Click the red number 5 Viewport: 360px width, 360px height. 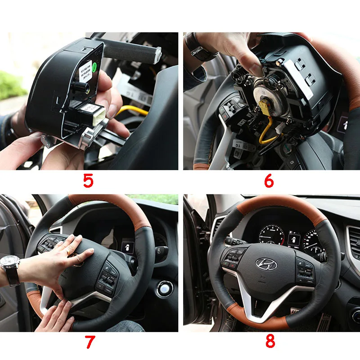(x=88, y=181)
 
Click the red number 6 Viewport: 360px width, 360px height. (x=269, y=181)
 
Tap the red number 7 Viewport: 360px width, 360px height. (x=90, y=342)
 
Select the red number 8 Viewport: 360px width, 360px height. (x=270, y=341)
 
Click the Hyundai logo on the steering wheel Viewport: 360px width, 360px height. (x=267, y=265)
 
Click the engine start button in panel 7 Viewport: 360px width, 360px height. (x=165, y=288)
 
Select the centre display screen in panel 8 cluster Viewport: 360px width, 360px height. (x=294, y=238)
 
